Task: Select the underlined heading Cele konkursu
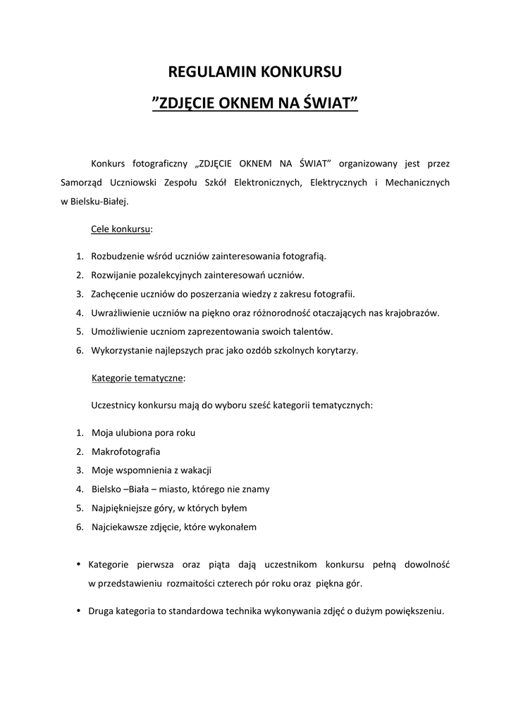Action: point(121,230)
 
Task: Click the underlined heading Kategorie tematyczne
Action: point(137,378)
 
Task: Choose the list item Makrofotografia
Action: point(126,451)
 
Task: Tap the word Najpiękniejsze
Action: point(123,508)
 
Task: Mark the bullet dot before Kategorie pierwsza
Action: point(78,564)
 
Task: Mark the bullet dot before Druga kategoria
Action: point(78,611)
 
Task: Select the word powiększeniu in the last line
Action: point(414,612)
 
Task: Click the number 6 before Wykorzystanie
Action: point(80,350)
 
